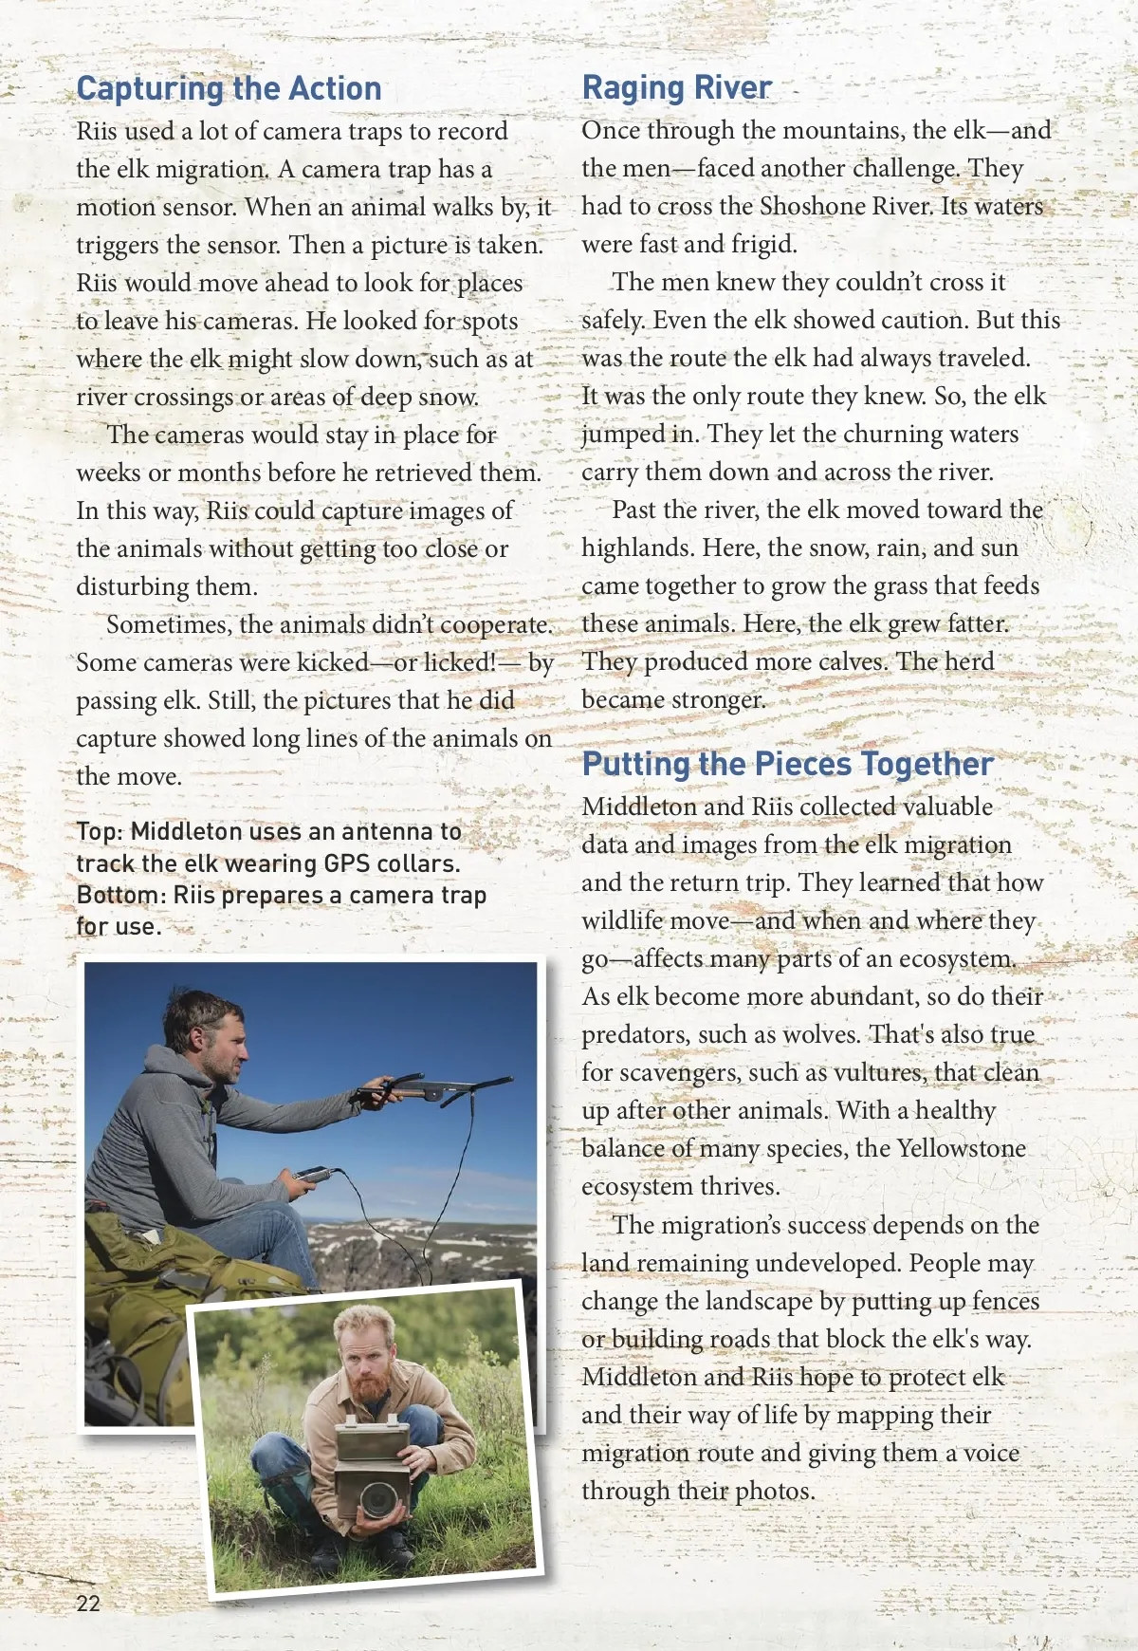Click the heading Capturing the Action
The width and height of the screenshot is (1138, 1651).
[229, 89]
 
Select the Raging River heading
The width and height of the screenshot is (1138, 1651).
[676, 87]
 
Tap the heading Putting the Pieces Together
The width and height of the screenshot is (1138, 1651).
[787, 764]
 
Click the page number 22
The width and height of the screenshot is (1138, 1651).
[88, 1603]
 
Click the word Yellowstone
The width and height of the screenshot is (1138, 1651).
[961, 1149]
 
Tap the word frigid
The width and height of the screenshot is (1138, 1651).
[762, 245]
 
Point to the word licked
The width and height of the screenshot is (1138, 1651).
[459, 662]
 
